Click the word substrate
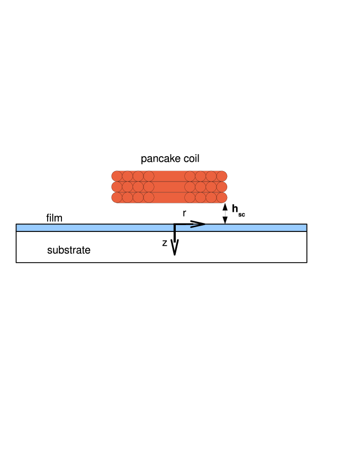tap(69, 250)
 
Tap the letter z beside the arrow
tap(165, 243)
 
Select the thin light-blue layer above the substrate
tap(79, 228)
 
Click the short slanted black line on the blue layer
tap(197, 226)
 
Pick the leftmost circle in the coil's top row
tap(117, 176)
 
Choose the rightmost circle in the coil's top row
tap(222, 176)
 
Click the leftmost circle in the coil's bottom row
tap(117, 198)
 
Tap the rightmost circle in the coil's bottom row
tap(222, 198)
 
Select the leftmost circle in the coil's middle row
tap(117, 187)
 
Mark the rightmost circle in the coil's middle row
tap(222, 187)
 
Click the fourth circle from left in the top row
tap(149, 176)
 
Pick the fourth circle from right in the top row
tap(190, 176)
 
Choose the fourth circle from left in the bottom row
tap(149, 198)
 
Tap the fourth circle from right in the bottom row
tap(190, 198)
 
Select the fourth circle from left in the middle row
tap(149, 187)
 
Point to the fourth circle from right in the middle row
tap(190, 187)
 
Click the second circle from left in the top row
tap(128, 176)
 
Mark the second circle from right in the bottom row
tap(211, 198)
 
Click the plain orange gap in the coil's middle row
tap(169, 187)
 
